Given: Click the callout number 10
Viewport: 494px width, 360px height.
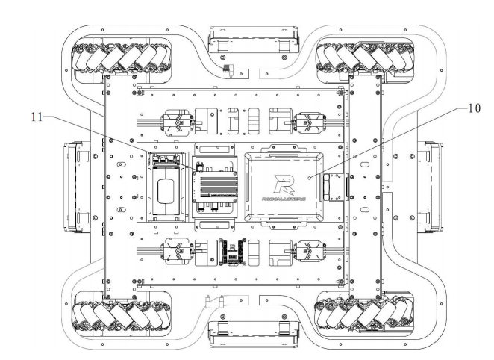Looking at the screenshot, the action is click(x=474, y=108).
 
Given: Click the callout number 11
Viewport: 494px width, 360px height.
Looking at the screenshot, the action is click(x=37, y=117).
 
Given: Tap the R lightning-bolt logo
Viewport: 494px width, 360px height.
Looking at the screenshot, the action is click(x=284, y=184).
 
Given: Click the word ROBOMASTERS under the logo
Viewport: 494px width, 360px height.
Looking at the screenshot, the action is click(x=284, y=199).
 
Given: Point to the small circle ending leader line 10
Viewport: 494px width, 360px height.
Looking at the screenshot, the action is click(x=310, y=178).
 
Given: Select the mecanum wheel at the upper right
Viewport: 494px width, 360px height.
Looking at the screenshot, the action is click(x=365, y=58).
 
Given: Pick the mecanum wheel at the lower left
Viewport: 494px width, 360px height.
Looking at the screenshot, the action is click(x=121, y=315).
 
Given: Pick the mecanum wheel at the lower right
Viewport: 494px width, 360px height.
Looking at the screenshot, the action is click(x=364, y=314).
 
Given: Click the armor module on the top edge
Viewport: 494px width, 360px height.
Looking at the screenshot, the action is click(x=253, y=39).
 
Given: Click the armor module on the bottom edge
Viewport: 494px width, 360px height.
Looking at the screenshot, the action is click(x=253, y=334).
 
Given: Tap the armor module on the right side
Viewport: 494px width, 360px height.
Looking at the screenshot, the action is click(x=430, y=187).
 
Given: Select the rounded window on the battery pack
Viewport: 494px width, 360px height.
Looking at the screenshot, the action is click(x=166, y=191).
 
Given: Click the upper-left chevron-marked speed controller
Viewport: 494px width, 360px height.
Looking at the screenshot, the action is click(x=178, y=124).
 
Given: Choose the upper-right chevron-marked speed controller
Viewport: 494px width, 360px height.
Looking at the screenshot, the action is click(x=310, y=123).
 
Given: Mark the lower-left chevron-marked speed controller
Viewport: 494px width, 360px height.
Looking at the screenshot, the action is click(x=178, y=251).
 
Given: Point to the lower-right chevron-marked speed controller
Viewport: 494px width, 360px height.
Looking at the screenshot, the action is click(x=310, y=251).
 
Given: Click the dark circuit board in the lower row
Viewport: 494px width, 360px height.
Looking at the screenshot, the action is click(x=233, y=252).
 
